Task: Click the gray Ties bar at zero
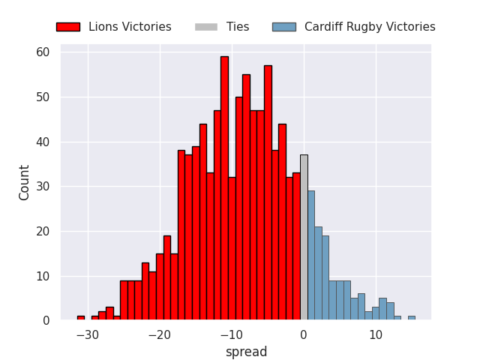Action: [x=304, y=237]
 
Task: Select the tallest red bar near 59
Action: [x=225, y=188]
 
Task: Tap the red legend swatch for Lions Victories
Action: [x=68, y=27]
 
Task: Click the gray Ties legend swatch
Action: [x=206, y=27]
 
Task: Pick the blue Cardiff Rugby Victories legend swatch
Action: [x=284, y=27]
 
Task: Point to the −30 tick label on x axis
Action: [x=88, y=335]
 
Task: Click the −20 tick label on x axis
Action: [x=160, y=335]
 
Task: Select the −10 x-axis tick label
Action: [x=232, y=335]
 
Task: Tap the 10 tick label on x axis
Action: [x=376, y=335]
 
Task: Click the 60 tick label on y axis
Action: [x=43, y=52]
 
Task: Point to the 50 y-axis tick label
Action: [x=43, y=97]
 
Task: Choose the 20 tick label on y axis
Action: [x=43, y=232]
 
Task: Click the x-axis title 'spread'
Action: [x=247, y=352]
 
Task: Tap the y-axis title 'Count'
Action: [x=23, y=183]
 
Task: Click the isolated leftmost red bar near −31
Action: [x=81, y=318]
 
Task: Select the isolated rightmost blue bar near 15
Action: [x=412, y=318]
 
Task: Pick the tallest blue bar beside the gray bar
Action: [x=311, y=255]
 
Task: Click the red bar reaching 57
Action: [x=268, y=193]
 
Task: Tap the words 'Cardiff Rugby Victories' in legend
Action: [x=370, y=27]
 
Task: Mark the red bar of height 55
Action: [x=247, y=197]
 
